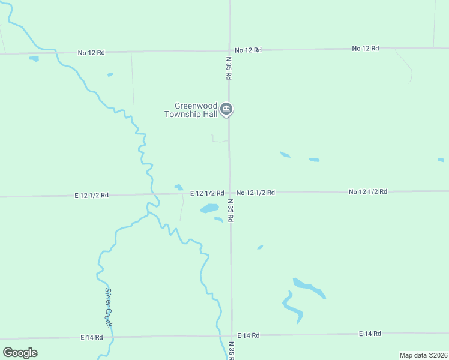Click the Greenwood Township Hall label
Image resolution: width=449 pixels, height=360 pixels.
click(x=191, y=110)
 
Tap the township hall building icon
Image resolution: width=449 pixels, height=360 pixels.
click(x=226, y=109)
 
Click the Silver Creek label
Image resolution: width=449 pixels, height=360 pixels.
click(x=109, y=307)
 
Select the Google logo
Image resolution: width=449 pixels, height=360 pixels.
click(x=20, y=352)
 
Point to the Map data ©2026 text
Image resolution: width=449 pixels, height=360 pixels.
click(x=423, y=355)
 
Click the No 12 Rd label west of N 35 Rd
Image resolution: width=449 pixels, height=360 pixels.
click(x=91, y=53)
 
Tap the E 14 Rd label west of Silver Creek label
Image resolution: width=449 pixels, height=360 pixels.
click(x=92, y=338)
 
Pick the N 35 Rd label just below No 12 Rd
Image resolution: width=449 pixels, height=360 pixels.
click(x=229, y=68)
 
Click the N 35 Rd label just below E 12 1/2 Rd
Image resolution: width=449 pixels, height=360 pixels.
click(x=230, y=211)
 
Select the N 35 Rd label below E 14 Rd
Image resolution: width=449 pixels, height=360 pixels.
click(x=232, y=350)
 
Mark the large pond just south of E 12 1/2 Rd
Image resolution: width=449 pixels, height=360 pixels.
click(x=209, y=209)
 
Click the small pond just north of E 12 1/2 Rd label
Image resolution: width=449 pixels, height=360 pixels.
click(x=178, y=187)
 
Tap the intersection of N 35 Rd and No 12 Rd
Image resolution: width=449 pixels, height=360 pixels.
click(x=229, y=50)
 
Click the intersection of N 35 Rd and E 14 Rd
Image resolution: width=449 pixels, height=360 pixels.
click(x=232, y=335)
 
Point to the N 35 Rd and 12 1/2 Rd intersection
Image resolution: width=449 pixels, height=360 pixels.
click(x=229, y=193)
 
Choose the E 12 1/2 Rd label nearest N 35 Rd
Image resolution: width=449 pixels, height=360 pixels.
click(x=207, y=193)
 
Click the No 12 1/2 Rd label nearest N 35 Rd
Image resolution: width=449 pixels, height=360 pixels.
click(x=255, y=193)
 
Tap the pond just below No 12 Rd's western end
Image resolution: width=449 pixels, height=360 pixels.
click(x=34, y=59)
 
